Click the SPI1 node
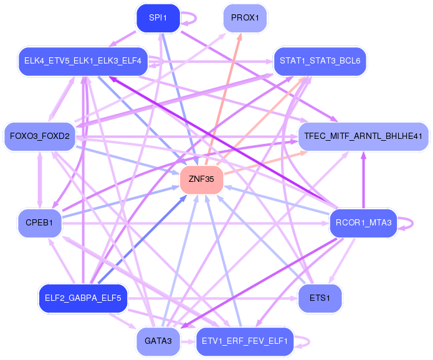tap(158, 18)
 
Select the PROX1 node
tap(245, 17)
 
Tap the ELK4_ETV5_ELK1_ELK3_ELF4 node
tap(83, 61)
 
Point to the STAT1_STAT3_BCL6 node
tap(319, 61)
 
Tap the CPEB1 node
tap(39, 222)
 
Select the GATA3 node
tap(158, 341)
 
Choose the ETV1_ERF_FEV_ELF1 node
tap(245, 341)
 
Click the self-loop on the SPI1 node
tap(189, 18)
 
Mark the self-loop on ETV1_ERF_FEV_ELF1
tap(303, 341)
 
